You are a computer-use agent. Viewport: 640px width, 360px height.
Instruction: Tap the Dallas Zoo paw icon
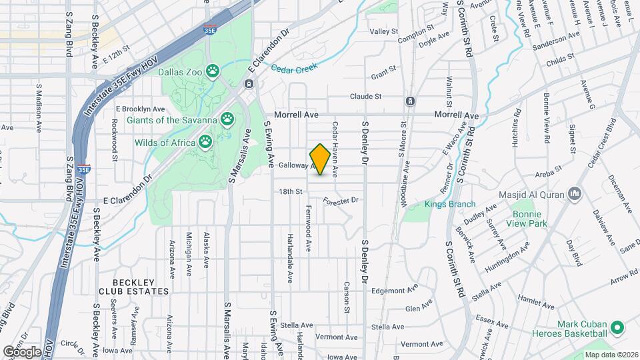pyautogui.click(x=213, y=70)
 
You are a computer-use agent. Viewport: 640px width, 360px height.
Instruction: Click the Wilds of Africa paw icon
pyautogui.click(x=205, y=141)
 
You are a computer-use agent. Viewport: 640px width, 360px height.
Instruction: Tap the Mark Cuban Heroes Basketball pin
pyautogui.click(x=617, y=328)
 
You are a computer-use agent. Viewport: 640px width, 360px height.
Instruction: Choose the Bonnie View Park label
pyautogui.click(x=530, y=219)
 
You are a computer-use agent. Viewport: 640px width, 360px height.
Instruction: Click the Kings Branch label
pyautogui.click(x=450, y=204)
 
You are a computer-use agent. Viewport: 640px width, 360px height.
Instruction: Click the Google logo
pyautogui.click(x=22, y=351)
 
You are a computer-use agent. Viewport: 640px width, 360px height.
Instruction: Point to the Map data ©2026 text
pyautogui.click(x=610, y=355)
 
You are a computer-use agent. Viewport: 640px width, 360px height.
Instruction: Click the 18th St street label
pyautogui.click(x=291, y=191)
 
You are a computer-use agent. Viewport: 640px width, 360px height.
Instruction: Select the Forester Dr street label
pyautogui.click(x=341, y=200)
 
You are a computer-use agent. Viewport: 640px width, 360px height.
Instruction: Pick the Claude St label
pyautogui.click(x=366, y=96)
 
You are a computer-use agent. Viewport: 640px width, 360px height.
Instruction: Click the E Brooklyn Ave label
pyautogui.click(x=140, y=109)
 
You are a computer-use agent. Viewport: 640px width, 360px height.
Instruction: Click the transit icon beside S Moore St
pyautogui.click(x=410, y=101)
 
